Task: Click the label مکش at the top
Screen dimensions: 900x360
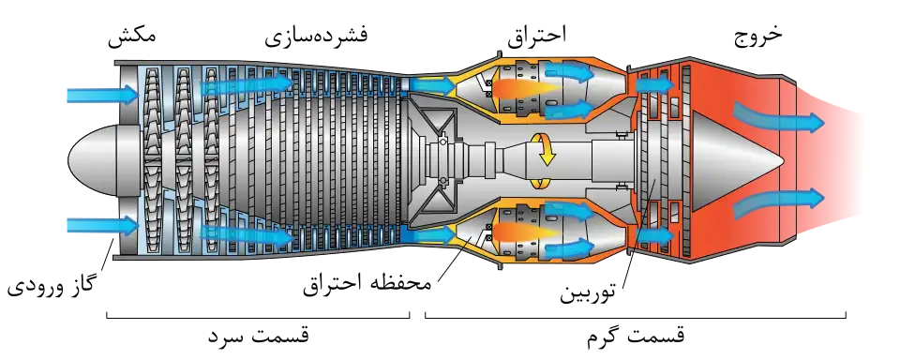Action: click(x=132, y=35)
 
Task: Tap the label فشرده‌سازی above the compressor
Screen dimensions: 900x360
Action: click(x=316, y=36)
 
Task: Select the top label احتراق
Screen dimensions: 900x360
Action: click(x=536, y=36)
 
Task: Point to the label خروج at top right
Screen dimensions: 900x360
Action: click(x=758, y=36)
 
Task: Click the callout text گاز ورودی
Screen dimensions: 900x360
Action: click(x=52, y=284)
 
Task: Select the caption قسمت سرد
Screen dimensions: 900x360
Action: click(x=259, y=336)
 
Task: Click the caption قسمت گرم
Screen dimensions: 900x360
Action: click(x=636, y=336)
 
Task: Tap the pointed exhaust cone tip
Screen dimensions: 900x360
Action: click(x=784, y=158)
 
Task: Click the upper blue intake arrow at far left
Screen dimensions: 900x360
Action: click(x=103, y=95)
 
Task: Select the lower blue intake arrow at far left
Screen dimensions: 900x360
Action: click(x=103, y=225)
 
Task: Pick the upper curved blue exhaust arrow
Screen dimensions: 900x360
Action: click(x=778, y=118)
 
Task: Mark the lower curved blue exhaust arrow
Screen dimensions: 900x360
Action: click(x=778, y=202)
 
